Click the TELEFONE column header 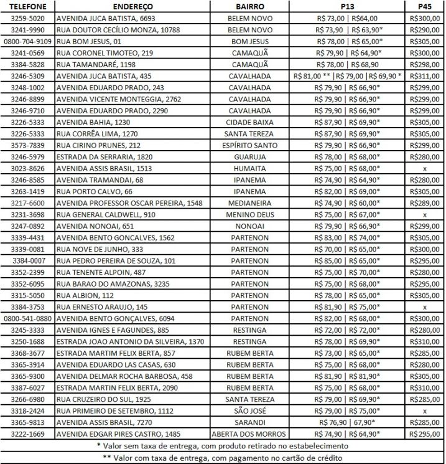coord(28,6)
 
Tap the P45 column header coord(425,6)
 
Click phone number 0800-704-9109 coord(28,41)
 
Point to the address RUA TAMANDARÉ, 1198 coord(96,64)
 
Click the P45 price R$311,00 coord(425,76)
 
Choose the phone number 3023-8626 coord(28,168)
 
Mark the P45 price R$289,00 coord(425,203)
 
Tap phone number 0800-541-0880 coord(28,318)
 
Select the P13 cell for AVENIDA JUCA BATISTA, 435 coord(348,76)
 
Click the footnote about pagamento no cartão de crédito coord(223,457)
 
